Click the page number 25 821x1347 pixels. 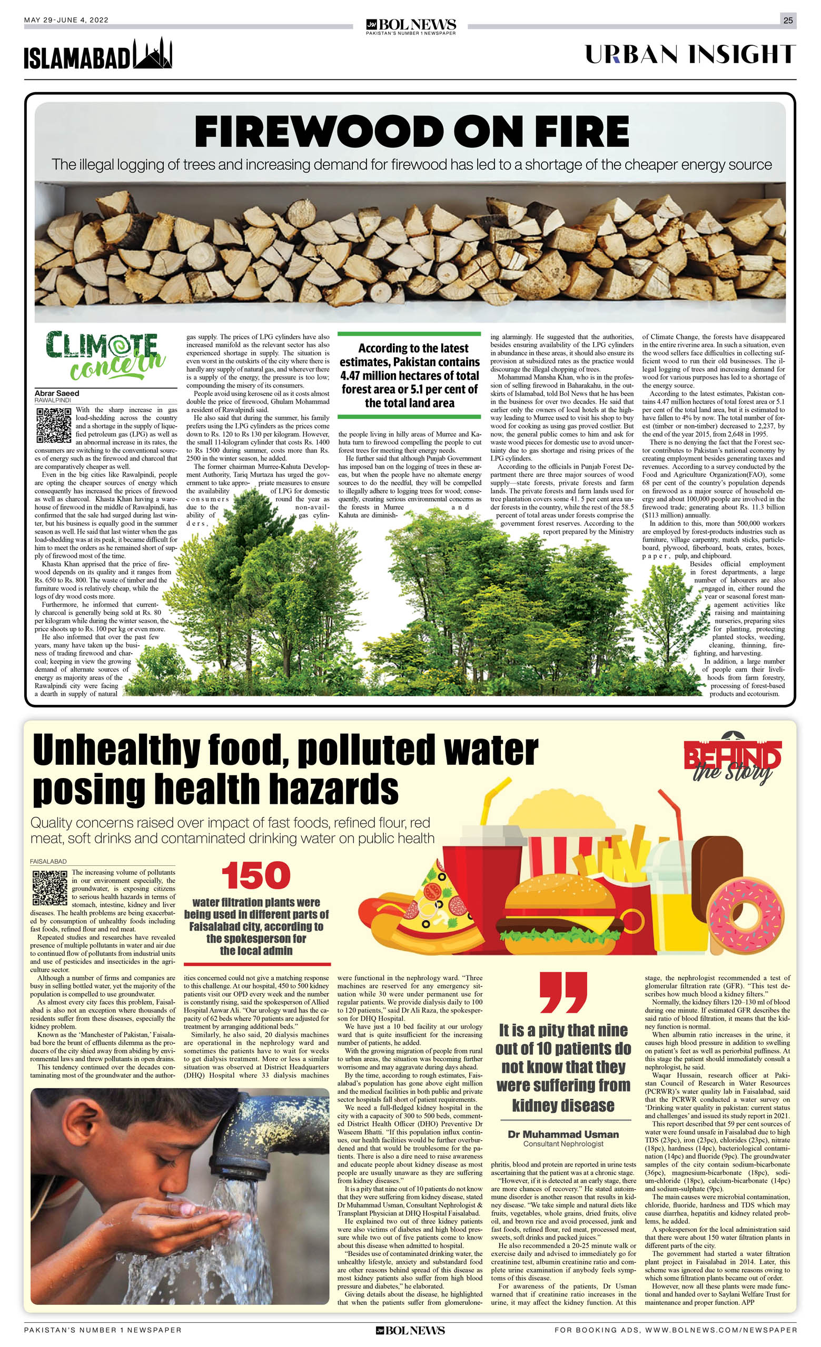[788, 20]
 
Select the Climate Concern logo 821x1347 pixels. [104, 356]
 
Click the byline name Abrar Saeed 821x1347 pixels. [57, 393]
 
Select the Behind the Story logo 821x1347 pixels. [733, 757]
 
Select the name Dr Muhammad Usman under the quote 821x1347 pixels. [563, 1134]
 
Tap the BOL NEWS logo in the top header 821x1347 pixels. [410, 25]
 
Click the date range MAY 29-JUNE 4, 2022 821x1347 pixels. [66, 20]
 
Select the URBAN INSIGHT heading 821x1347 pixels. [690, 55]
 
